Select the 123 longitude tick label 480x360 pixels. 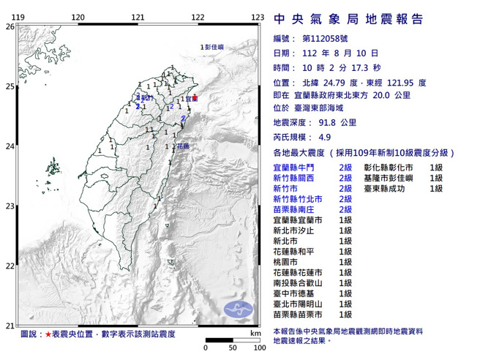click(257, 17)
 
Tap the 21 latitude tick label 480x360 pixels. click(10, 326)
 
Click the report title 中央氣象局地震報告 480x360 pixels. click(348, 19)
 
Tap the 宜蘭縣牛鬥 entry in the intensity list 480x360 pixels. click(293, 168)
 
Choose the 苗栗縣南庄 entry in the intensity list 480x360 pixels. click(293, 209)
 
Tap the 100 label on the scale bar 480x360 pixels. click(257, 348)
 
